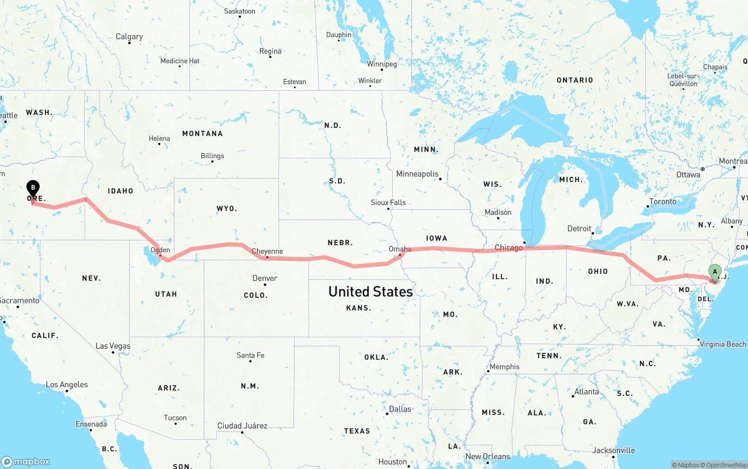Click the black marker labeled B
point(33,188)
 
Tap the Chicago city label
point(508,248)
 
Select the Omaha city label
point(400,249)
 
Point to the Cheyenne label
point(267,251)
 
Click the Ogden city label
point(160,250)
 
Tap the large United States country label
point(370,291)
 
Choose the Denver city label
point(265,278)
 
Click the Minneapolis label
point(417,174)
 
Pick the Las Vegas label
point(113,346)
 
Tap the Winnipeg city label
point(382,64)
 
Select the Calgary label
point(129,36)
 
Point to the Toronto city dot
point(648,206)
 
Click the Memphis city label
point(504,367)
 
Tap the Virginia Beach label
point(722,344)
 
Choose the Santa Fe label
point(250,355)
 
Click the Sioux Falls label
point(388,202)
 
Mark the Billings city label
point(212,156)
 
